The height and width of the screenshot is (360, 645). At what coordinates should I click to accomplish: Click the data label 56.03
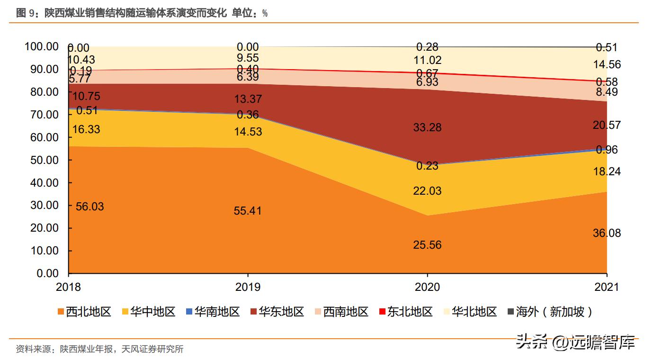pos(90,207)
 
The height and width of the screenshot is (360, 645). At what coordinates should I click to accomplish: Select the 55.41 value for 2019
pos(248,211)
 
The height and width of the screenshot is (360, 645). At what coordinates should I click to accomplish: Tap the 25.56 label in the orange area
pos(427,245)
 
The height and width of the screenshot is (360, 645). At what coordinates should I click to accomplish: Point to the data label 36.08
pos(607,233)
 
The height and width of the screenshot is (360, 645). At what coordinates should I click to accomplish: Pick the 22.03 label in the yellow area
pos(427,191)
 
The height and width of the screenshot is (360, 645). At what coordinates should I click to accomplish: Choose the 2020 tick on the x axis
pos(427,287)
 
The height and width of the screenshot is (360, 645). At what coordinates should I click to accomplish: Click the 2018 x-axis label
pos(68,287)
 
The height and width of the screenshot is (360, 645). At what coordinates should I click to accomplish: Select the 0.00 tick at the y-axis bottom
pos(47,273)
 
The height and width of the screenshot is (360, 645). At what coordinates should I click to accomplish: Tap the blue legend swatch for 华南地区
pos(190,312)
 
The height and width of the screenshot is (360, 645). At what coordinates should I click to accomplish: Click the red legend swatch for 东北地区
pos(383,312)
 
